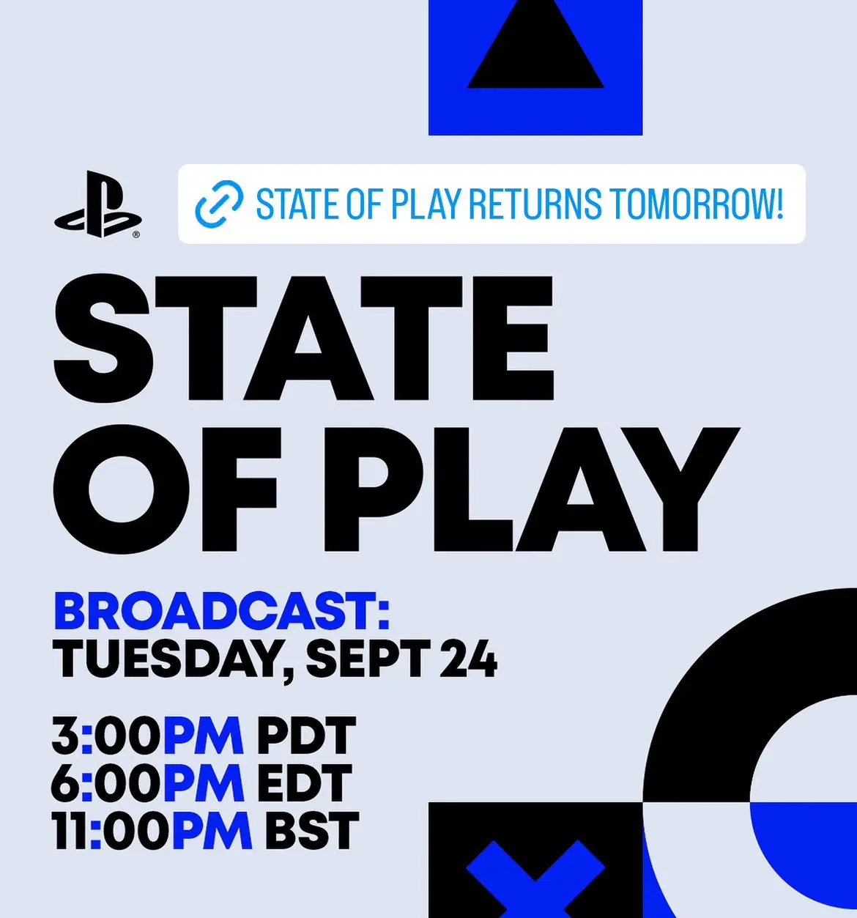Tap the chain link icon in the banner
[x=219, y=204]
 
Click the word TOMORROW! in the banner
[x=694, y=204]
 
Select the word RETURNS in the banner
[x=535, y=204]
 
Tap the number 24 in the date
[x=468, y=658]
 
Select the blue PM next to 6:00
[x=204, y=783]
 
